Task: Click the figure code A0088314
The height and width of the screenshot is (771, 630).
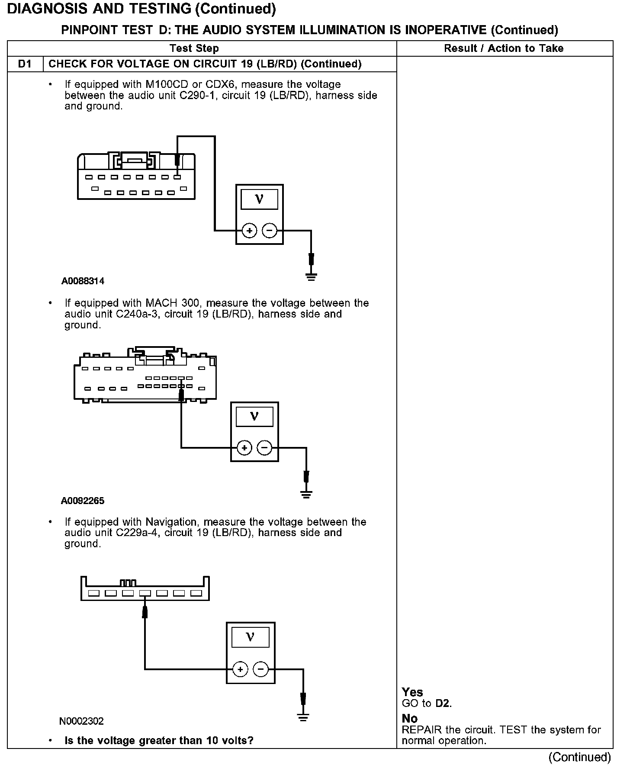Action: click(83, 281)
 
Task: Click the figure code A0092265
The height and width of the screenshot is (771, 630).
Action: click(83, 501)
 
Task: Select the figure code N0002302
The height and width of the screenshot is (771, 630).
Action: click(82, 721)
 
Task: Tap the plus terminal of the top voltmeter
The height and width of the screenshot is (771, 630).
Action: click(249, 231)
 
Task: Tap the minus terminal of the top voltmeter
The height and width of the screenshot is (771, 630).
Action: click(270, 231)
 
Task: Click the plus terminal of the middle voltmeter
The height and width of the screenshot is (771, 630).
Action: click(244, 448)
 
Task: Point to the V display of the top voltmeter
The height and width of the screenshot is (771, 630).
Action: click(259, 199)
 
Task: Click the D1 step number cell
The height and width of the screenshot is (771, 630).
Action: click(25, 64)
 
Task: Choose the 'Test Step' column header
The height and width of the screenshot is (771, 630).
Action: click(194, 48)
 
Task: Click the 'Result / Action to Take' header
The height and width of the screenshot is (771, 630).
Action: click(504, 48)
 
